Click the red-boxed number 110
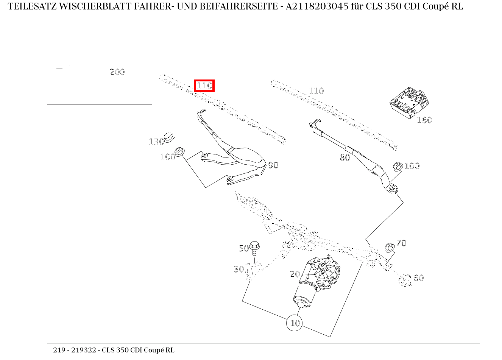204,86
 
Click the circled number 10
295,323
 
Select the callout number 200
117,72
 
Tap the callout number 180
424,120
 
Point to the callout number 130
156,142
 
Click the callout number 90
273,165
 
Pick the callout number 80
345,157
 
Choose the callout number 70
401,243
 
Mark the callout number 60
418,278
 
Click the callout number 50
244,248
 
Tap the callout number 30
239,269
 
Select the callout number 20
295,274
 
